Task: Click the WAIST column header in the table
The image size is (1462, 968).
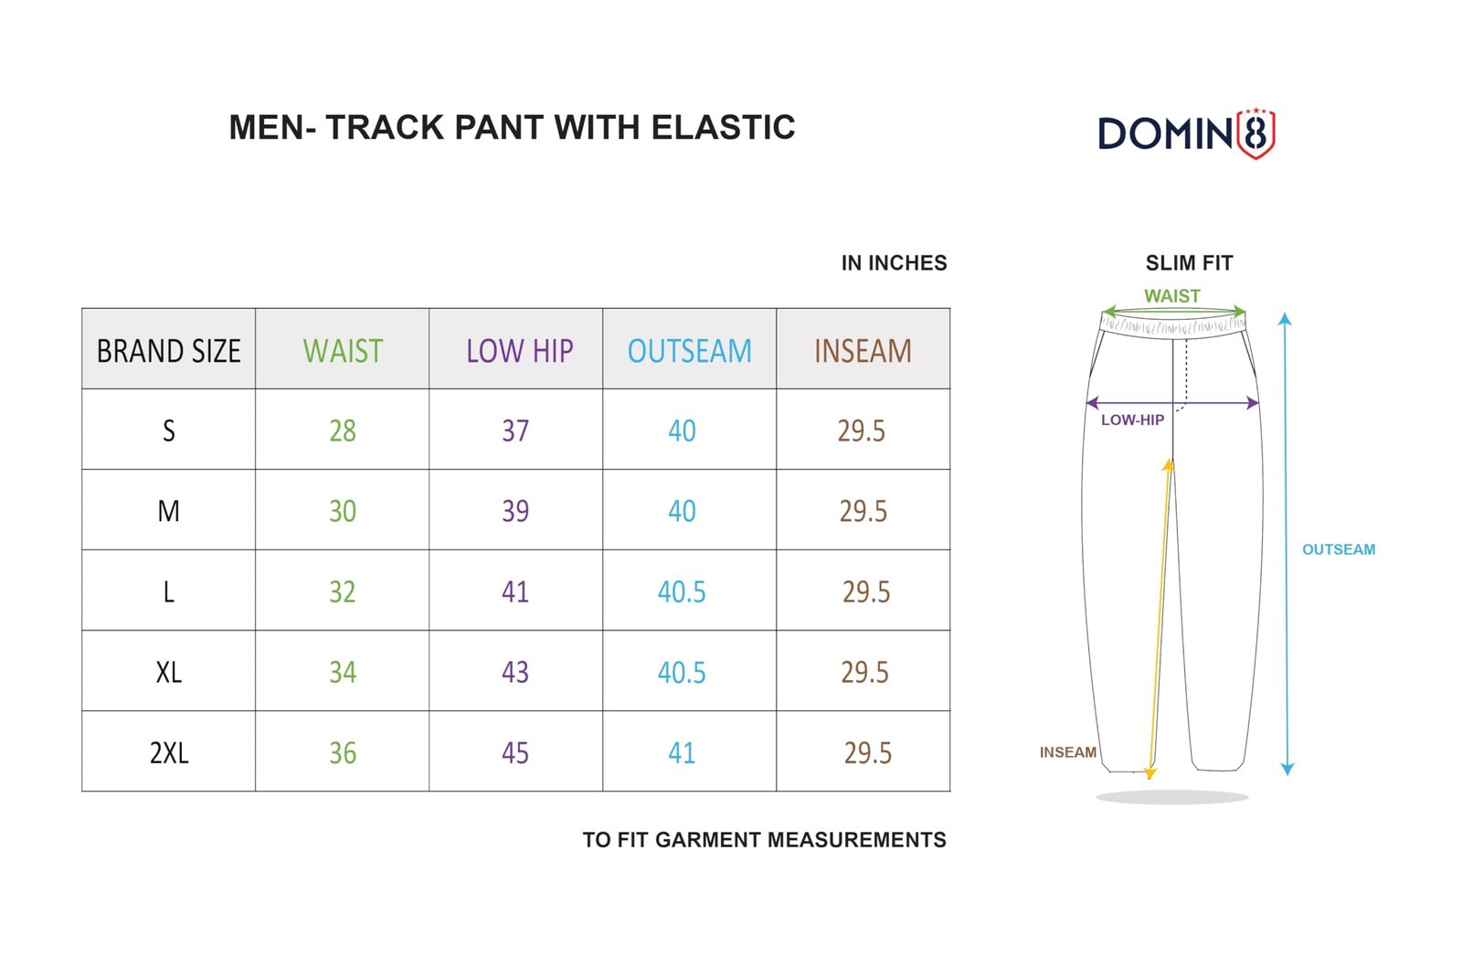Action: [x=343, y=351]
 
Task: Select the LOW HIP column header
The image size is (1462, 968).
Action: [x=520, y=351]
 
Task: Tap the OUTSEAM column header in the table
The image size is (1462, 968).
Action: [x=689, y=351]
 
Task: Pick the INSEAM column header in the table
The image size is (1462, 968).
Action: [x=863, y=351]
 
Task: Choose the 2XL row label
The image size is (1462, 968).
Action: [x=169, y=753]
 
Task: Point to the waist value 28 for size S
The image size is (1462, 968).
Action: [x=343, y=431]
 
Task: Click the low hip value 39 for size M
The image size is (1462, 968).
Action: [x=515, y=511]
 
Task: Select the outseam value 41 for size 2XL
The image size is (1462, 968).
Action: [x=682, y=753]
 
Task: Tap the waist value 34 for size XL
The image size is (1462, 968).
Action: [x=343, y=673]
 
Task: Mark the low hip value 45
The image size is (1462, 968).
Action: [x=515, y=753]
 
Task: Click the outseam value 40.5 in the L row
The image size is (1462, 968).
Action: [x=682, y=592]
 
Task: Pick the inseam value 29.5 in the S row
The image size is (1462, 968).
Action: [x=862, y=431]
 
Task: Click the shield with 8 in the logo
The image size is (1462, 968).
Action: [x=1256, y=133]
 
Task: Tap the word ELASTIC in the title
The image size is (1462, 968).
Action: [x=723, y=127]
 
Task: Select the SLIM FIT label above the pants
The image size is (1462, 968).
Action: [x=1189, y=263]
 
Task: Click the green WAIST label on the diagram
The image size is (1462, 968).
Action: [x=1172, y=295]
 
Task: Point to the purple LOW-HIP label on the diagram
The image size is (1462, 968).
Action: [x=1132, y=420]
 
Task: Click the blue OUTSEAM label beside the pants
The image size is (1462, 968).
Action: [x=1339, y=549]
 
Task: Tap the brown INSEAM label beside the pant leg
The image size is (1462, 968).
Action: [x=1068, y=752]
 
